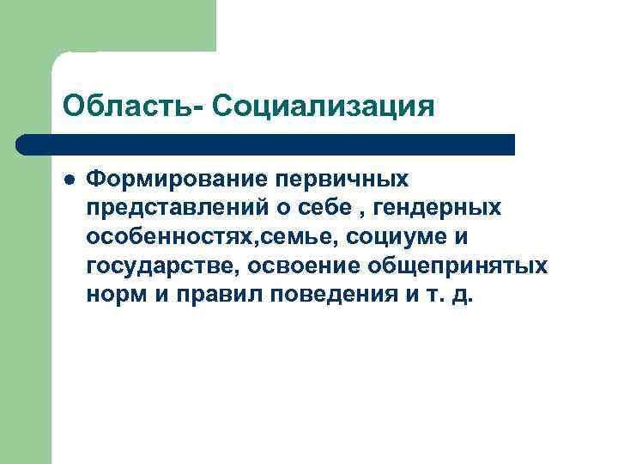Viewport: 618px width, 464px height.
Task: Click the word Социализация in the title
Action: point(320,107)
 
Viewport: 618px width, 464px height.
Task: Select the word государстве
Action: point(163,266)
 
